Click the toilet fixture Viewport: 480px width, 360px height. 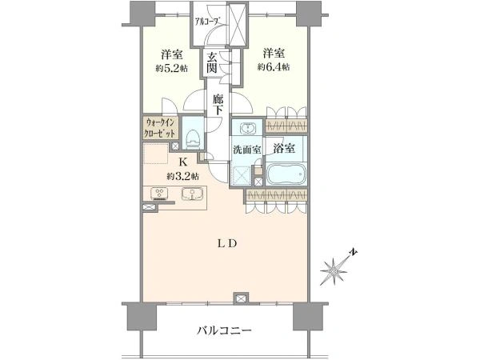point(193,138)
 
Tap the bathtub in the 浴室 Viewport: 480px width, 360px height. point(286,174)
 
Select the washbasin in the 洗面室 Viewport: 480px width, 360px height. point(246,128)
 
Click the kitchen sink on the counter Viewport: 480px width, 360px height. point(192,194)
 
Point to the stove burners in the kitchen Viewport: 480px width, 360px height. point(159,193)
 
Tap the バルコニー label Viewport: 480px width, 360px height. point(224,330)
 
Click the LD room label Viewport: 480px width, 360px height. point(227,244)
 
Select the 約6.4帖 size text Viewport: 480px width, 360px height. point(274,67)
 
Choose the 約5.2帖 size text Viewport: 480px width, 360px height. point(172,68)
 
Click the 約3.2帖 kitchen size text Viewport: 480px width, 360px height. point(182,176)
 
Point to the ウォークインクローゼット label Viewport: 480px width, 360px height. point(161,128)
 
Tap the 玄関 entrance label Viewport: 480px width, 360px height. point(212,62)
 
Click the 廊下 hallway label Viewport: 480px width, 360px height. point(218,105)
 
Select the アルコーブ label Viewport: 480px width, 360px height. point(208,21)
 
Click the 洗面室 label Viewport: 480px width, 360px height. point(247,150)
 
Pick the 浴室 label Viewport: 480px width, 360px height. point(284,148)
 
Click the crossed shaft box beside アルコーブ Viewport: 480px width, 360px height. point(238,23)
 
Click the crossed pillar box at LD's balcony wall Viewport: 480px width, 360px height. point(241,298)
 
